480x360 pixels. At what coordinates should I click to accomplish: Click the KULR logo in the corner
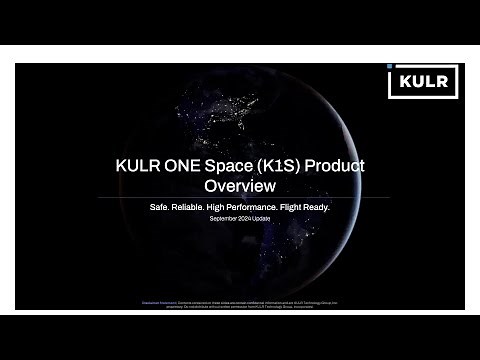coord(423,81)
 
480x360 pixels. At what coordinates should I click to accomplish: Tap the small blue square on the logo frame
coord(391,66)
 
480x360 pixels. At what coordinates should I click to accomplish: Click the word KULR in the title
coord(141,167)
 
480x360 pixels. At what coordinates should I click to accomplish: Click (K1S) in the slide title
coord(287,167)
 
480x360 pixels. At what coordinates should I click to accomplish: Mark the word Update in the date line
coord(262,218)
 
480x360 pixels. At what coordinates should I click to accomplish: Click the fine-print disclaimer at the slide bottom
coord(239,301)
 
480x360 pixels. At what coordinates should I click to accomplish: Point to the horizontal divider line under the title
coord(239,197)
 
